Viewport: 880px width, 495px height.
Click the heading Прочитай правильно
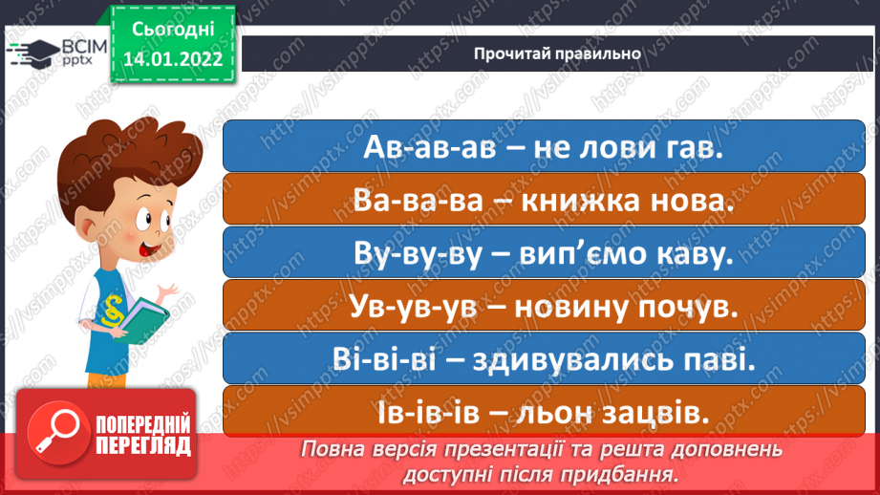tap(557, 53)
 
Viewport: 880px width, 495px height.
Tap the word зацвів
tap(664, 413)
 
